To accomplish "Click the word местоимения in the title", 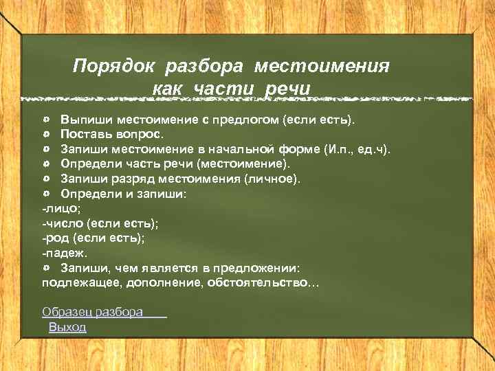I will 322,67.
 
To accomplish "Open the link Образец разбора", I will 93,312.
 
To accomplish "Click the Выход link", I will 67,327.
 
